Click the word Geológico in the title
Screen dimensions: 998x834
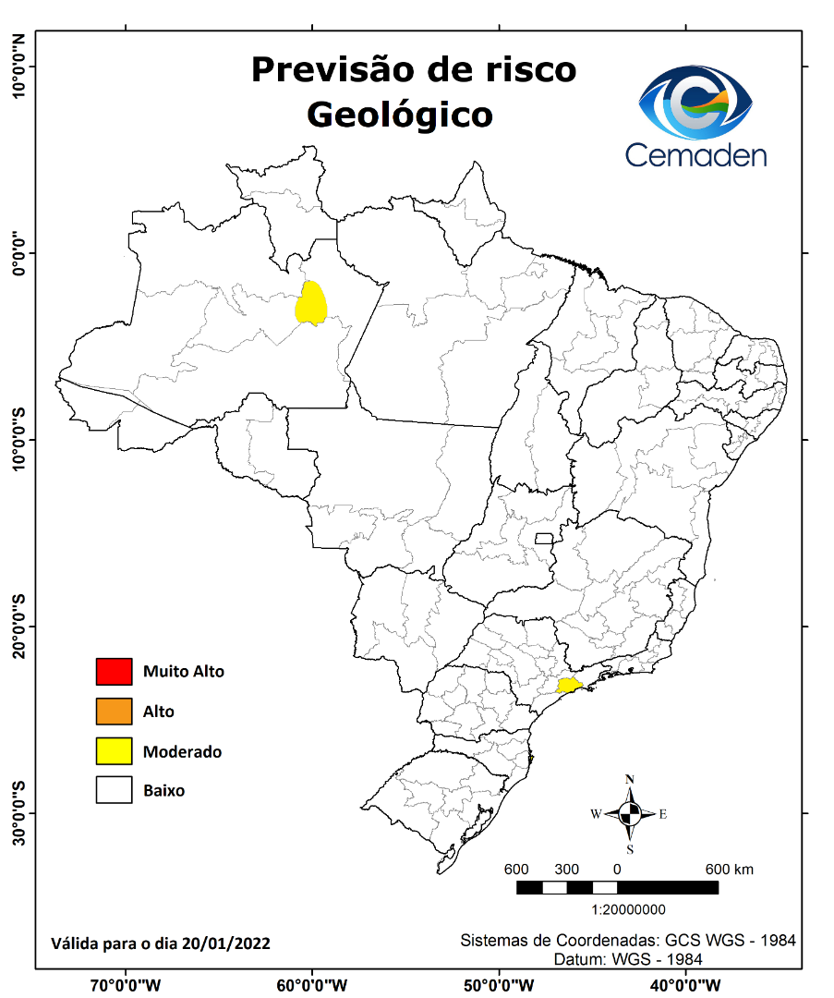tap(399, 115)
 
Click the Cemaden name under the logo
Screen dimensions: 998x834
tap(696, 153)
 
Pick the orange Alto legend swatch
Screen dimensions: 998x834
tap(114, 712)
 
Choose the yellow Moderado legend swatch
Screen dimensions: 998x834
tap(114, 751)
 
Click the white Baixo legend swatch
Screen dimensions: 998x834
tap(114, 791)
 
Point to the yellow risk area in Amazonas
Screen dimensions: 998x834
tap(311, 303)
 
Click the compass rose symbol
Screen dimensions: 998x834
tap(630, 814)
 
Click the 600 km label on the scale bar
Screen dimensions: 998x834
tap(730, 870)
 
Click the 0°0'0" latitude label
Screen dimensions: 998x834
tap(18, 252)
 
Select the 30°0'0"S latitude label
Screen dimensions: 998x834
tap(18, 813)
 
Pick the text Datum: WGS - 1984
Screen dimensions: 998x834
tap(628, 959)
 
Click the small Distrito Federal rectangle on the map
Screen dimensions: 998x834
tap(544, 539)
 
